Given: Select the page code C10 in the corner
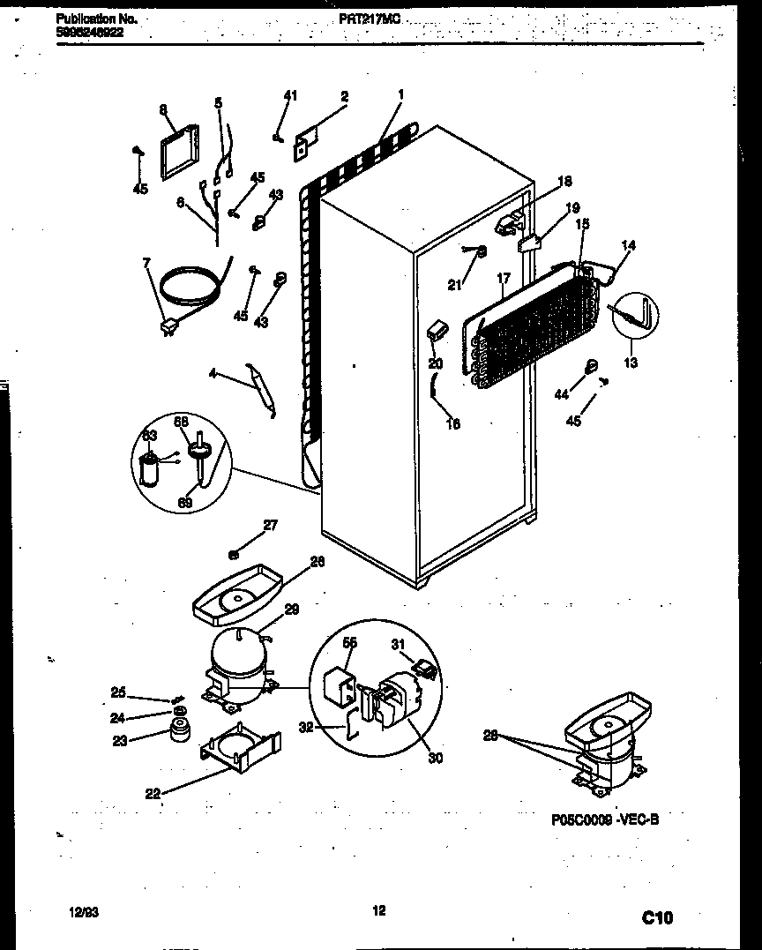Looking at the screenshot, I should tap(656, 918).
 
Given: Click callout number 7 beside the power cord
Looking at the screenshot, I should tap(147, 262).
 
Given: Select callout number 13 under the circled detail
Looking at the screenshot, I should tap(630, 362).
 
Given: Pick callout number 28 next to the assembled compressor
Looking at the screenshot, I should tap(490, 734).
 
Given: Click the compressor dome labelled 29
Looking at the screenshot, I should tap(235, 655).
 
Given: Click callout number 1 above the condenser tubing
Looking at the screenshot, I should tap(400, 94).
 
